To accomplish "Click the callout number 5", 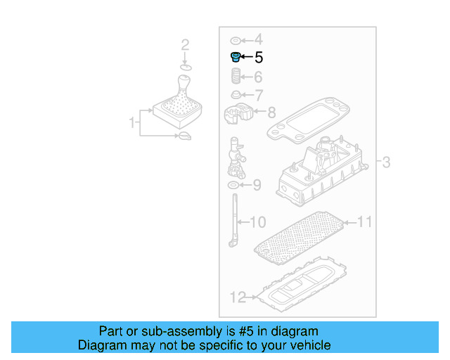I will [x=258, y=58].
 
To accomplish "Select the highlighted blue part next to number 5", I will [x=236, y=56].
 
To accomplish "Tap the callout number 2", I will [x=185, y=46].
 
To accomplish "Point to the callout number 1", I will [x=131, y=123].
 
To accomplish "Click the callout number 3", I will [x=386, y=163].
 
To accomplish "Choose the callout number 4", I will [x=258, y=39].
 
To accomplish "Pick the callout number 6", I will [x=258, y=77].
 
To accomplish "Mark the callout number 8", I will [x=271, y=111].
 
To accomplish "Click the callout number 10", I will [x=257, y=223].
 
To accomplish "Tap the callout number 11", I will [x=364, y=222].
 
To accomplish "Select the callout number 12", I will [x=237, y=297].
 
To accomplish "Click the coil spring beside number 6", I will [x=237, y=76].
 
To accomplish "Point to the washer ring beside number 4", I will [x=236, y=39].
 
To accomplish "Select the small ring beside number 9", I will [x=233, y=186].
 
